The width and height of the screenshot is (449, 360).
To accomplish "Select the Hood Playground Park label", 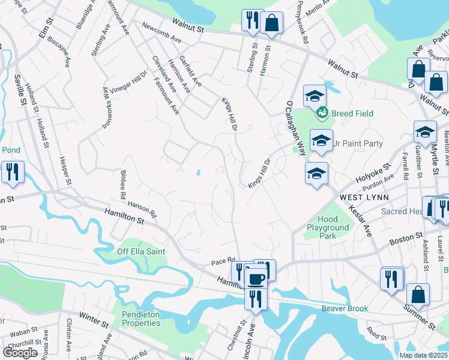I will pyautogui.click(x=328, y=228).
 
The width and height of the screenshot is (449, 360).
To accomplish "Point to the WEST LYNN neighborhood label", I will pyautogui.click(x=364, y=197).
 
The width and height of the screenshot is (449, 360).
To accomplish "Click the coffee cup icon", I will pyautogui.click(x=256, y=279).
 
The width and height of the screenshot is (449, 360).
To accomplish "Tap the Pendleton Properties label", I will pyautogui.click(x=141, y=319).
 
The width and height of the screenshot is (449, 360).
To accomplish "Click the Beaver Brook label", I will pyautogui.click(x=344, y=308).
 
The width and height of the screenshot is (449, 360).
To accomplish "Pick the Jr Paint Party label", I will pyautogui.click(x=357, y=143).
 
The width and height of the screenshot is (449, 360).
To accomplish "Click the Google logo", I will pyautogui.click(x=20, y=353).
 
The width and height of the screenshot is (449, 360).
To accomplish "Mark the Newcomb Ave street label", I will pyautogui.click(x=161, y=32).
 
